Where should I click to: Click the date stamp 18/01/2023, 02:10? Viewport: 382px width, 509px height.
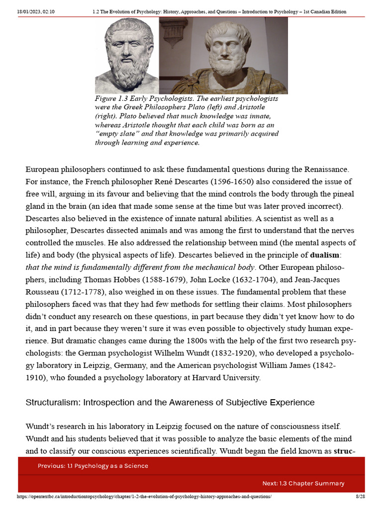[35, 11]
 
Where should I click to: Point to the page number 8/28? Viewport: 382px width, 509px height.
[360, 497]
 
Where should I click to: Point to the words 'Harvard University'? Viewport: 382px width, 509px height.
[227, 377]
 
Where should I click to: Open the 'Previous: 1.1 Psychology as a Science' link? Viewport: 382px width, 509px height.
[93, 466]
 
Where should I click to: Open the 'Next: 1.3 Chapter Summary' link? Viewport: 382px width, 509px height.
[303, 483]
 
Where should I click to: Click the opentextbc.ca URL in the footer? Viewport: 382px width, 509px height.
[144, 497]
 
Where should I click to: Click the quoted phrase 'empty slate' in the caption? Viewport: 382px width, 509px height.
[116, 134]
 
